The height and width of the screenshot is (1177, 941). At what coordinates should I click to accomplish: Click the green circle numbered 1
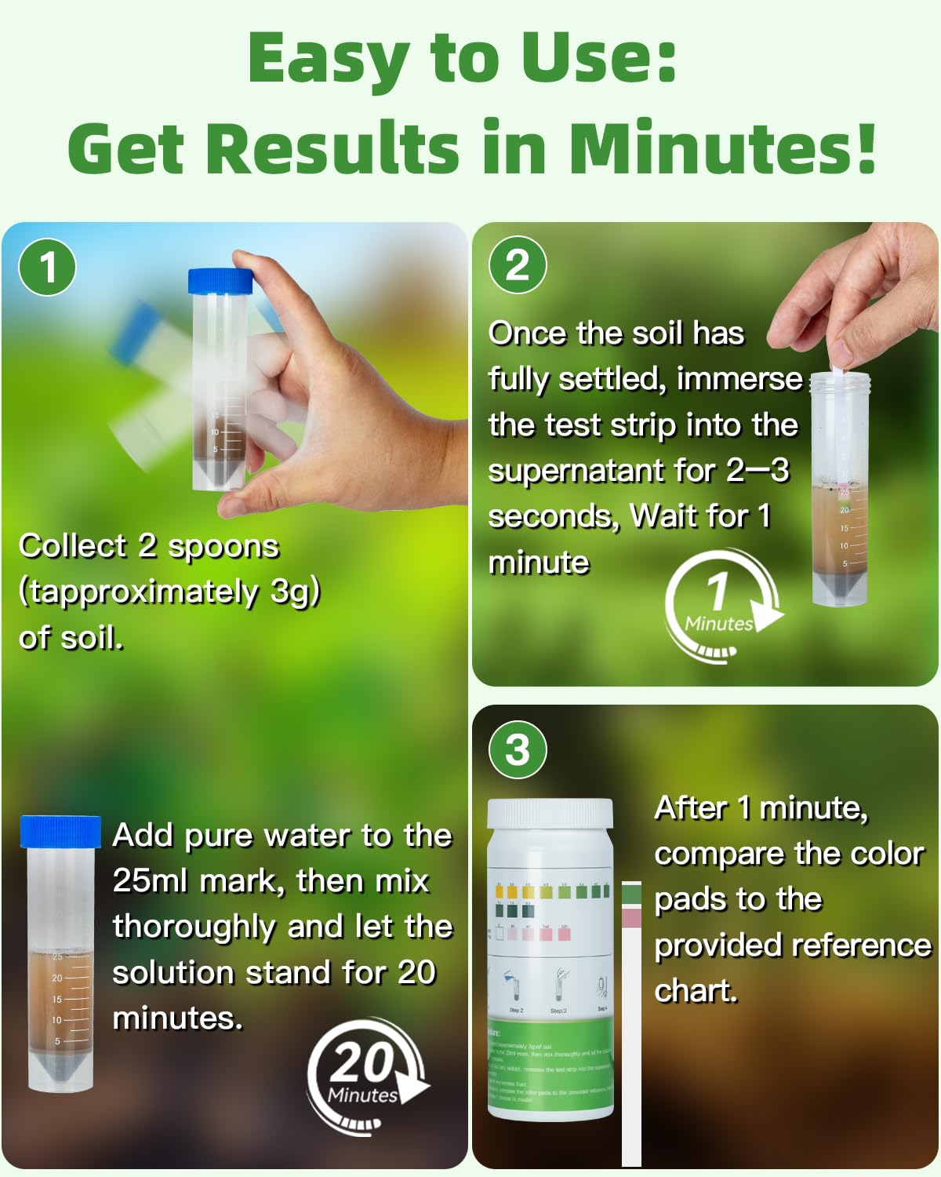(48, 268)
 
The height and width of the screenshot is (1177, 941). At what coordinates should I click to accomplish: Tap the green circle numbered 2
(518, 265)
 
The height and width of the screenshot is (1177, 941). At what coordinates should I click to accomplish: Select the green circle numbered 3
(518, 749)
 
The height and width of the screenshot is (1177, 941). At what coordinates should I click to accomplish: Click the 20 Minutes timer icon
(365, 1076)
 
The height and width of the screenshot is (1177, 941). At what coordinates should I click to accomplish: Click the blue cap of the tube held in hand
(220, 283)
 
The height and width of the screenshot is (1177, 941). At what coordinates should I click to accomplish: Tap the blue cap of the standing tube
(60, 832)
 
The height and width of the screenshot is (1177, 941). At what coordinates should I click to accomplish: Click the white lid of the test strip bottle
(550, 814)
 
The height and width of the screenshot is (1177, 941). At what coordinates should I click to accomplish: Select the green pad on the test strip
(631, 894)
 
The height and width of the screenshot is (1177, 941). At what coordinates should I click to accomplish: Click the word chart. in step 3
(696, 991)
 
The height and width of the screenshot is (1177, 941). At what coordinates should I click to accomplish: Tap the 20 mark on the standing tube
(57, 978)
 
